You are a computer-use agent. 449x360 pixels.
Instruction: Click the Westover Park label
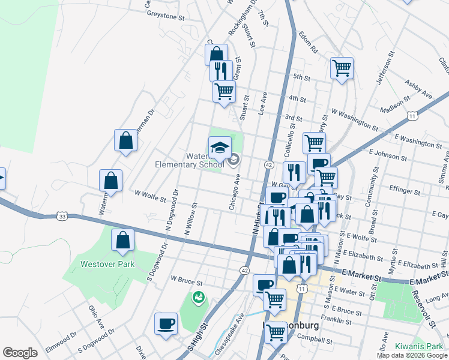coord(108,263)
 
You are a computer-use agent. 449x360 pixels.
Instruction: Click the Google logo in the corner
coord(20,353)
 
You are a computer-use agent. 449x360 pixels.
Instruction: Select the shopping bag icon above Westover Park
coord(123,241)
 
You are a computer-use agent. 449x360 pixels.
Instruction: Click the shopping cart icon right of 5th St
coord(342,68)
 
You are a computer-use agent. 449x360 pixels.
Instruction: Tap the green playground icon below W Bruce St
coord(197,296)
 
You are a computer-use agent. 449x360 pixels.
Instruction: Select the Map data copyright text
coord(412,355)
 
